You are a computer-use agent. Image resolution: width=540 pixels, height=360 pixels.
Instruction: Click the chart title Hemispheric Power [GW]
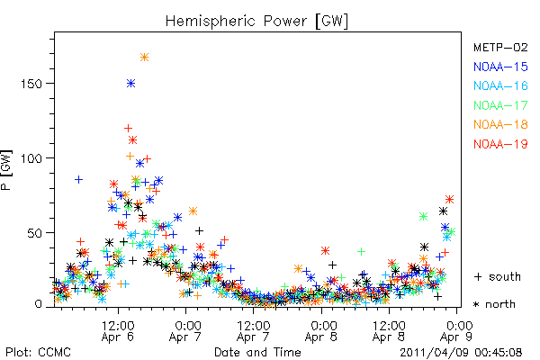point(256,22)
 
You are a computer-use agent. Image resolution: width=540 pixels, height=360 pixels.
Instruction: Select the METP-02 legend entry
point(500,47)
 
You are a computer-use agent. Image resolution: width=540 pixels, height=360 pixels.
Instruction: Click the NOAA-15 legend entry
point(500,67)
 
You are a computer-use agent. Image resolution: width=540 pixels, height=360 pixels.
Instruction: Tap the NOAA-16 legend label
point(500,85)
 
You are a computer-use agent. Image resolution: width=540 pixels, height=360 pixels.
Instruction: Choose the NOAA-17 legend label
point(500,105)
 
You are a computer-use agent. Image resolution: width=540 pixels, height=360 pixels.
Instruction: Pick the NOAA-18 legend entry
point(500,124)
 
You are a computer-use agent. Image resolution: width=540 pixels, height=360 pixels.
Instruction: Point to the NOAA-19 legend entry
point(500,144)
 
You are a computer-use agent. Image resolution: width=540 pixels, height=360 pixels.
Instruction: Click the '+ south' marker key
point(498,276)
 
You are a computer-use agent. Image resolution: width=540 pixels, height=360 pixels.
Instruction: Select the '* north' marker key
point(494,304)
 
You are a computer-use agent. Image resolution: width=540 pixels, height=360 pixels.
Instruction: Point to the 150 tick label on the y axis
point(31,84)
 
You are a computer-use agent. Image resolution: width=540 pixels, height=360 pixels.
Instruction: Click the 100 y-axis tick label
point(31,158)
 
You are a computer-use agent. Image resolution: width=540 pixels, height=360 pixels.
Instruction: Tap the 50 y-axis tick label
point(35,233)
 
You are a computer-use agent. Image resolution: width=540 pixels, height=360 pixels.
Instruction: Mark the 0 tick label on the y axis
point(39,304)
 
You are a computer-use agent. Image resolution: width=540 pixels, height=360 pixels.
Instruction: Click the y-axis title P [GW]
point(7,170)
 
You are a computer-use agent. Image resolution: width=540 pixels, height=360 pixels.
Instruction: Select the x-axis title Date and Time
point(257,352)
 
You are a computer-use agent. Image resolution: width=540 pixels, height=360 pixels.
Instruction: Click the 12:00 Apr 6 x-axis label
point(118,330)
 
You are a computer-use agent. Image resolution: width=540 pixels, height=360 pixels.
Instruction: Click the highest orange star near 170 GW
point(144,58)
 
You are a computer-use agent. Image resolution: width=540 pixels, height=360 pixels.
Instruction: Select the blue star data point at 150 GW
point(130,84)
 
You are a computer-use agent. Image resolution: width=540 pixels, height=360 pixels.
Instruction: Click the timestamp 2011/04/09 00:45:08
point(461,352)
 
